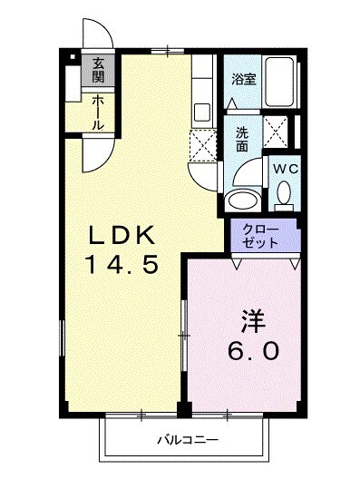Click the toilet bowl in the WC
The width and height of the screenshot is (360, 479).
click(x=283, y=193)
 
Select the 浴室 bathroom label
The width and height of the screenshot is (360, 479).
click(x=243, y=79)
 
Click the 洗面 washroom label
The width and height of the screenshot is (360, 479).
click(x=242, y=138)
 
